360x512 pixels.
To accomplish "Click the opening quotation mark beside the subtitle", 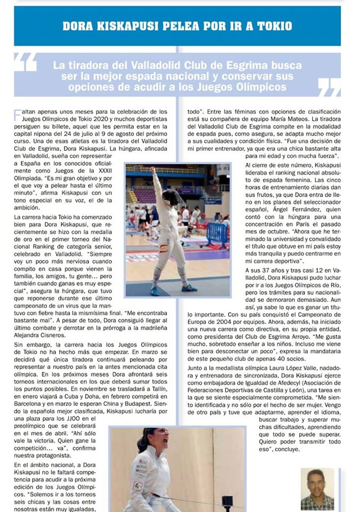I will click(x=26, y=62).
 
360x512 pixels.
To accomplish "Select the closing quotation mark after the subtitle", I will click(x=329, y=86).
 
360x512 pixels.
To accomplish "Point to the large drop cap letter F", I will click(x=18, y=114).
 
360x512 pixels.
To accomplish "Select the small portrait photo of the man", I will click(x=317, y=489).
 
